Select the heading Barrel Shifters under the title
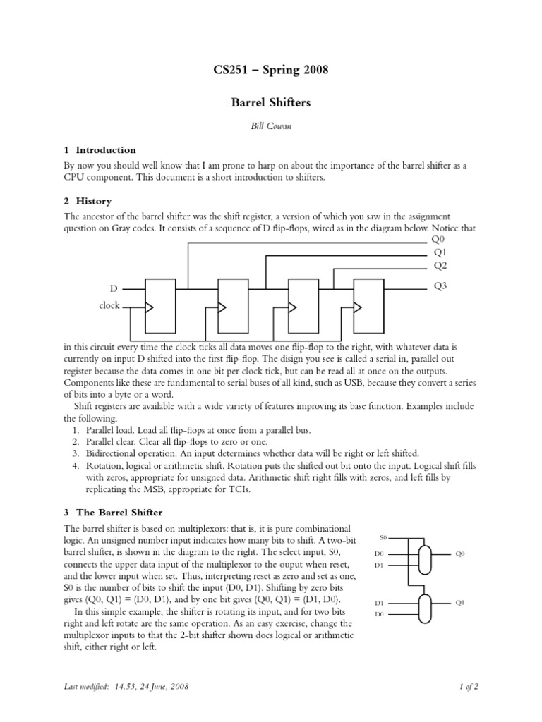point(271,103)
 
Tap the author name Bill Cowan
point(271,127)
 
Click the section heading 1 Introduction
point(100,150)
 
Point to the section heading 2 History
point(88,201)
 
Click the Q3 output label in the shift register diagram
point(440,287)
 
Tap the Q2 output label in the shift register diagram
point(440,265)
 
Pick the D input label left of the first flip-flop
point(113,289)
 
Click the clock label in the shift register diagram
point(109,306)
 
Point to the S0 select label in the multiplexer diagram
point(383,537)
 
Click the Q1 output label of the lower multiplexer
point(460,602)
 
